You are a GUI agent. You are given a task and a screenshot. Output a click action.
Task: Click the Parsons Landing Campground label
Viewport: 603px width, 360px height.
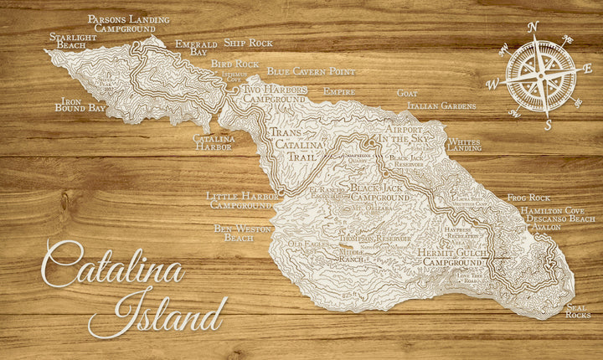click(128, 23)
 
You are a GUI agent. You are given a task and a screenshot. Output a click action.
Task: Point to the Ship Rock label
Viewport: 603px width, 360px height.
click(248, 43)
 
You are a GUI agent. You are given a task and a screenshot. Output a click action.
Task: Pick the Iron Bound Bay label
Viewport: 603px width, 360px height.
click(80, 104)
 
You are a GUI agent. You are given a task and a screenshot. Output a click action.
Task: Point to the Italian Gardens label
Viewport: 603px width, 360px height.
click(441, 106)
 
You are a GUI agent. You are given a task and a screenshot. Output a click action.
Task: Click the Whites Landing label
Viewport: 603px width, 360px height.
click(465, 145)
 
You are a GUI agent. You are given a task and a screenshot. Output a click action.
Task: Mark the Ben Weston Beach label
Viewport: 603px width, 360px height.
click(234, 232)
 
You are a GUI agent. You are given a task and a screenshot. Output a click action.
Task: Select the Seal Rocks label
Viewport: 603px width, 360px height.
click(577, 311)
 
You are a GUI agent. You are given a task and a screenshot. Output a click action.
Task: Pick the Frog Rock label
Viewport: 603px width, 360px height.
click(527, 198)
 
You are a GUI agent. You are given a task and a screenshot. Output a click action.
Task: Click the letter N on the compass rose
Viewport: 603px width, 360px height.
click(533, 26)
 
